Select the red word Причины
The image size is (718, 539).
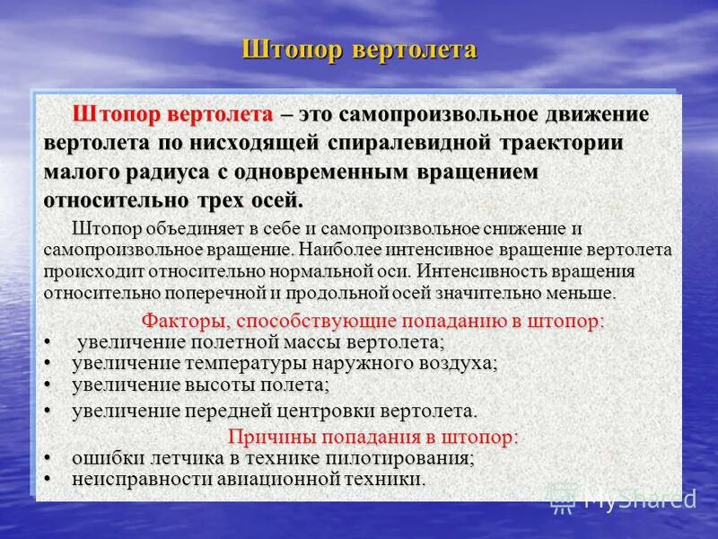click(x=266, y=437)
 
